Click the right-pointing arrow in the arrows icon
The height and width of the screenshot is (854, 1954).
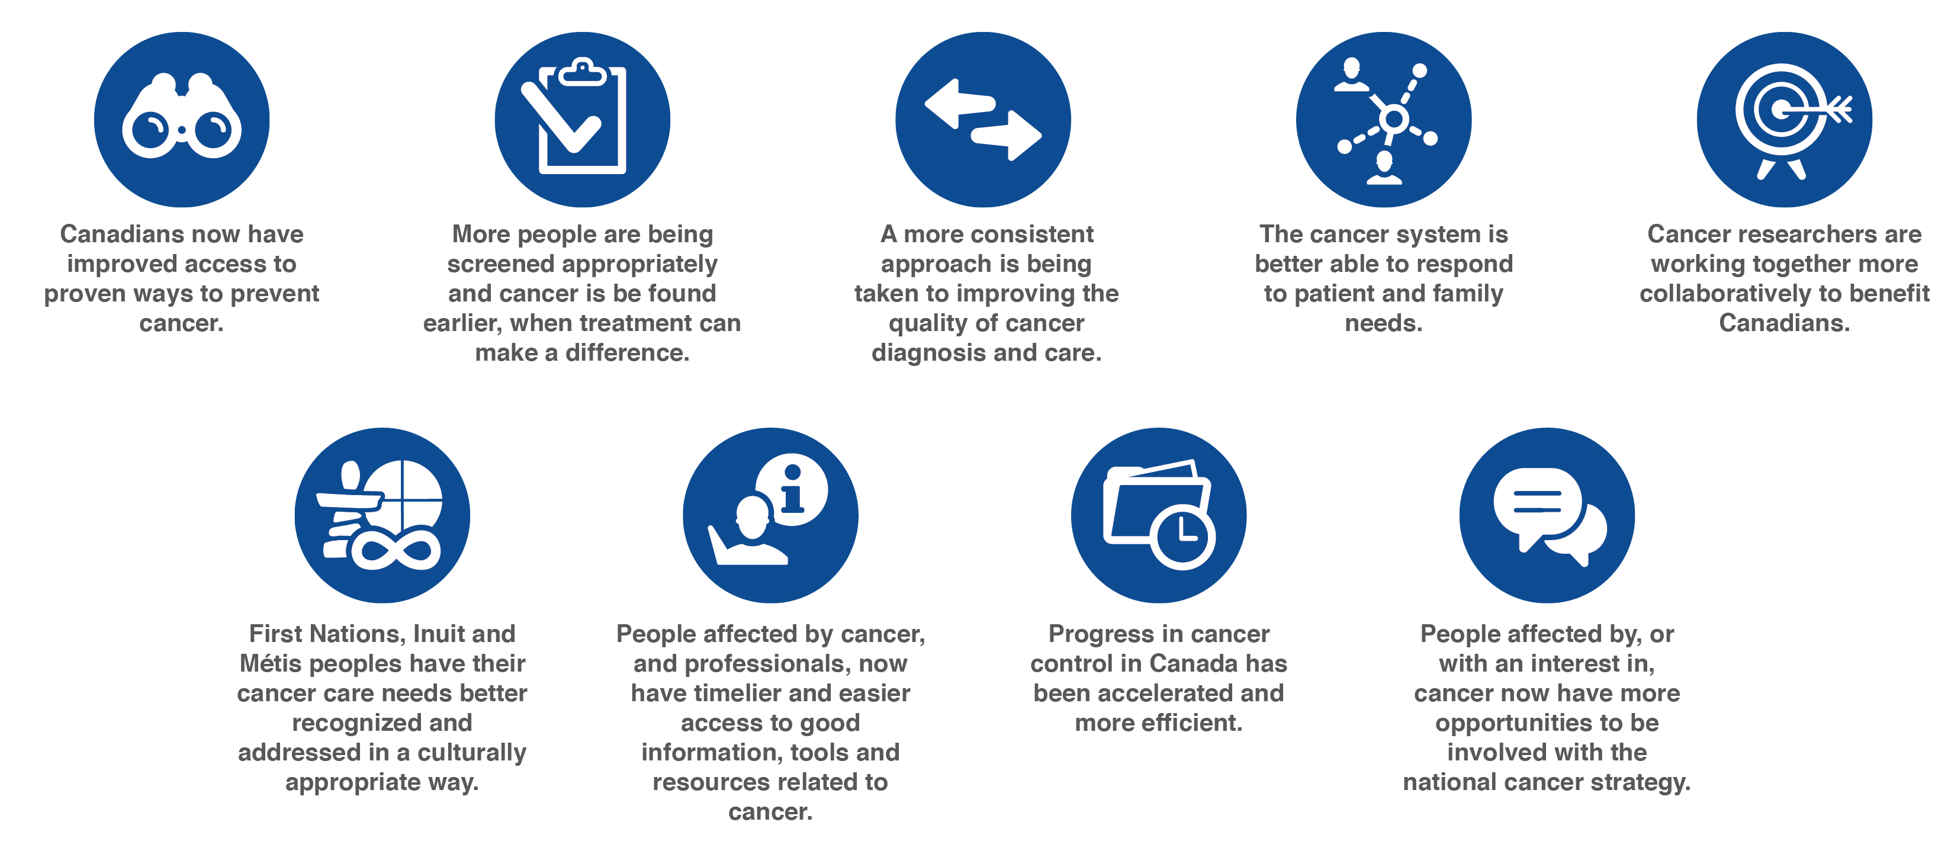click(x=1007, y=136)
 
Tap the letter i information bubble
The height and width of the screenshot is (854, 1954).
click(x=792, y=489)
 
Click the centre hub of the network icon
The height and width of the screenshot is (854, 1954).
click(x=1393, y=119)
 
